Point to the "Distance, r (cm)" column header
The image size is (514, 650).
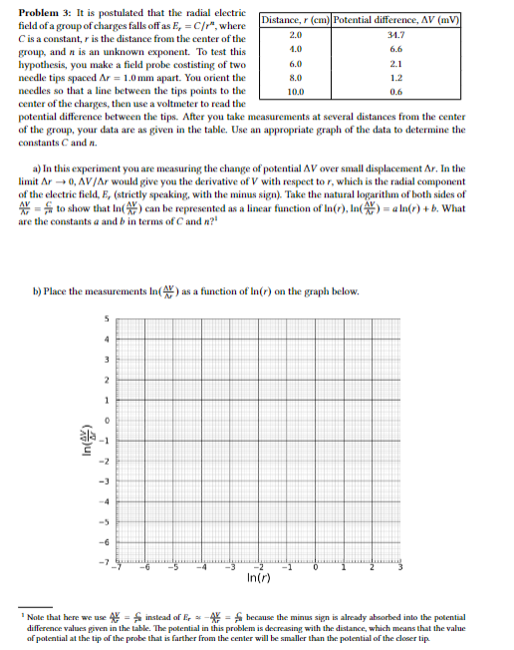(295, 20)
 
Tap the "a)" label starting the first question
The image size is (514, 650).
(39, 171)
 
